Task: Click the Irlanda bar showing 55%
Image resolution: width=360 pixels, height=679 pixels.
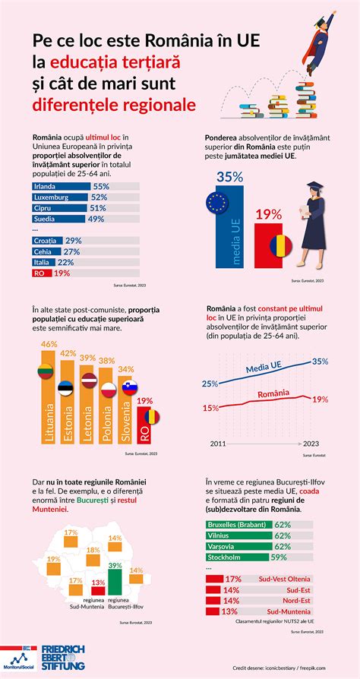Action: click(61, 186)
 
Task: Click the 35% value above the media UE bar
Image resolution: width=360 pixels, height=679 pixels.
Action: click(229, 177)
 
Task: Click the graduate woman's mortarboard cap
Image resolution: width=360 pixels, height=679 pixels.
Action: click(313, 185)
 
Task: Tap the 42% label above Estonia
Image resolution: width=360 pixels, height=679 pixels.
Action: click(68, 353)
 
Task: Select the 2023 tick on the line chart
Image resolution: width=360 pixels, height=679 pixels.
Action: click(308, 443)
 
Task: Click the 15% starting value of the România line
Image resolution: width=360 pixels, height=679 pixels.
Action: click(209, 408)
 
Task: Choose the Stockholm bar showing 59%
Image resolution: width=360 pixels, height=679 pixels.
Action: click(238, 557)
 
